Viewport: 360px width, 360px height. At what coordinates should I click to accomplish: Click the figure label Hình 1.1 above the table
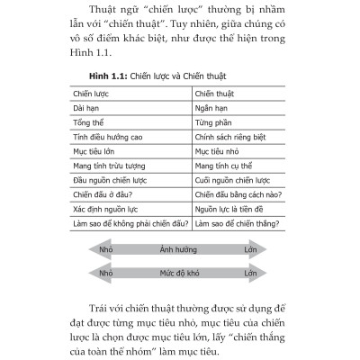tap(109, 78)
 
